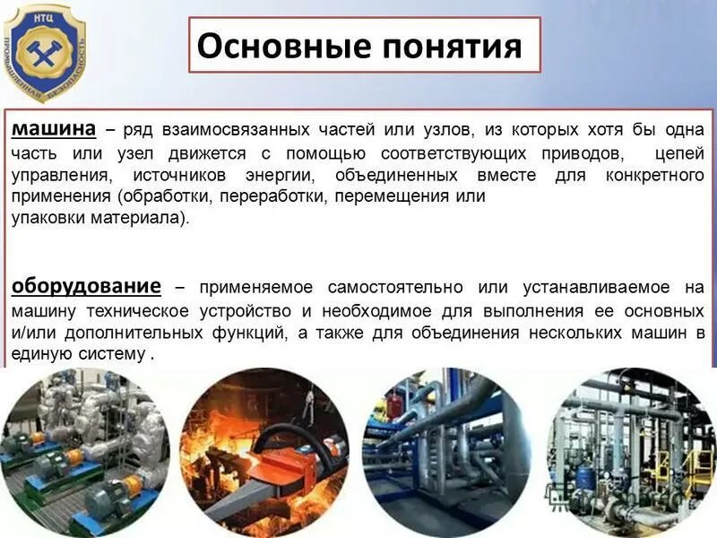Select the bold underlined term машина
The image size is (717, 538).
tap(53, 128)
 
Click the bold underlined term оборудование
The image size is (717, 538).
tap(86, 286)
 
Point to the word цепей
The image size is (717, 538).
tap(680, 152)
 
